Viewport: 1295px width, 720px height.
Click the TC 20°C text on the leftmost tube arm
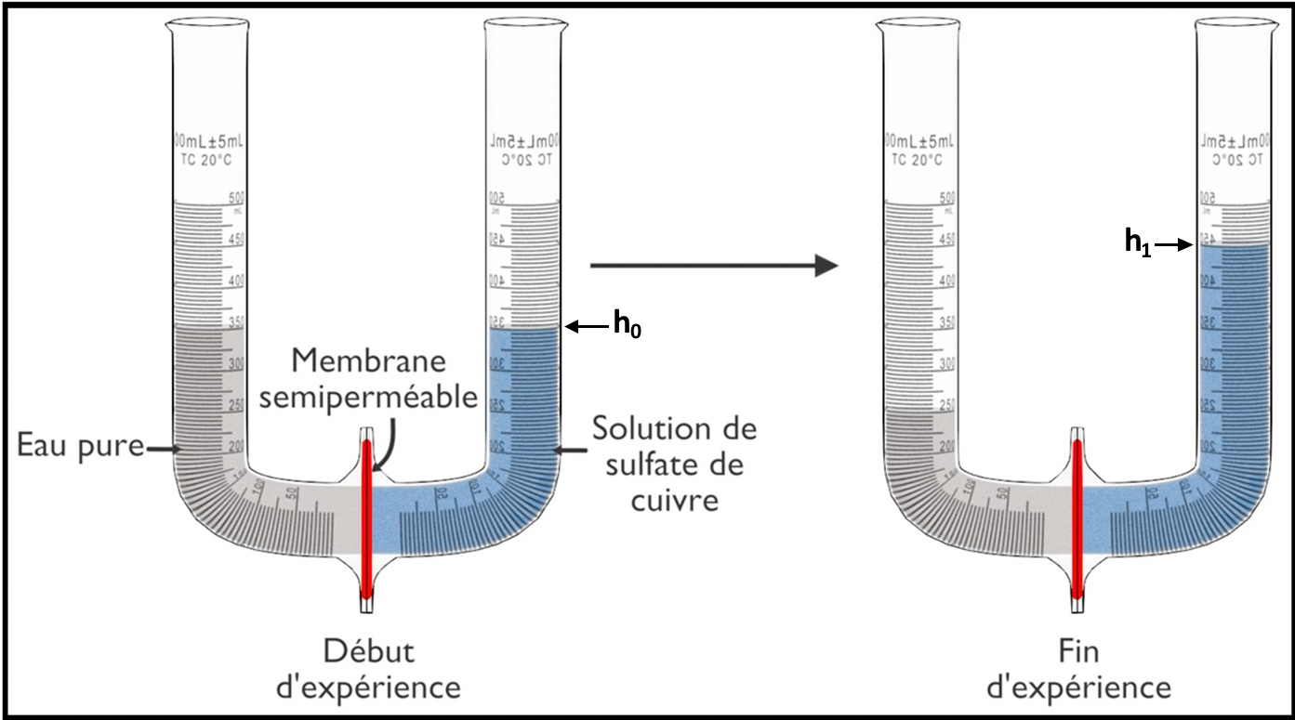click(x=208, y=158)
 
